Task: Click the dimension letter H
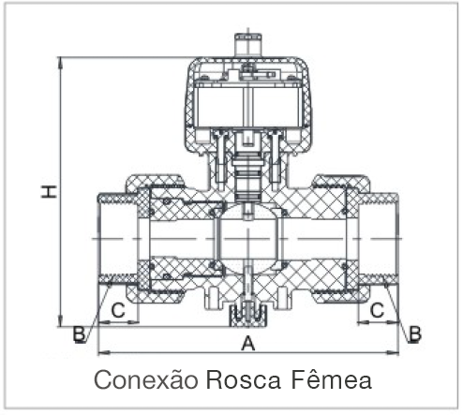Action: pos(49,191)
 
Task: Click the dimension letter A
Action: pos(248,344)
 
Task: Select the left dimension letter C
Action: pos(118,310)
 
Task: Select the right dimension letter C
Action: pos(377,310)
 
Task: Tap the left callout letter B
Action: pos(79,333)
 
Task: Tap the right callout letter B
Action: pos(415,333)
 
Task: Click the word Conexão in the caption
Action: pos(146,379)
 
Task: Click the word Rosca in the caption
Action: pos(243,379)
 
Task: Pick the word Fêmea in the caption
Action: pos(332,378)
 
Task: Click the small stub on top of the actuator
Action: pos(248,45)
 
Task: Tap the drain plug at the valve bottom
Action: pos(248,316)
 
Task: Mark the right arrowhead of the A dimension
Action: pos(394,353)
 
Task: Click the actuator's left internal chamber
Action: pos(218,107)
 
